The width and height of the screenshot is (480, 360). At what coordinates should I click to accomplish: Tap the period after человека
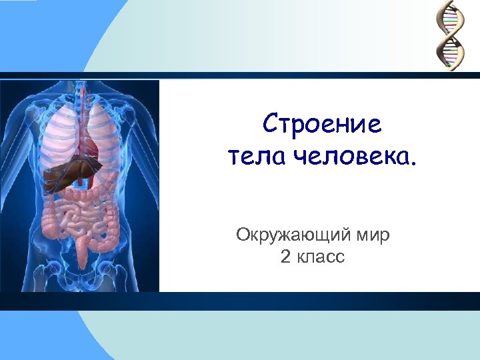pyautogui.click(x=418, y=164)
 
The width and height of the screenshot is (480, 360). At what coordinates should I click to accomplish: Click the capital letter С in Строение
pyautogui.click(x=271, y=124)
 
